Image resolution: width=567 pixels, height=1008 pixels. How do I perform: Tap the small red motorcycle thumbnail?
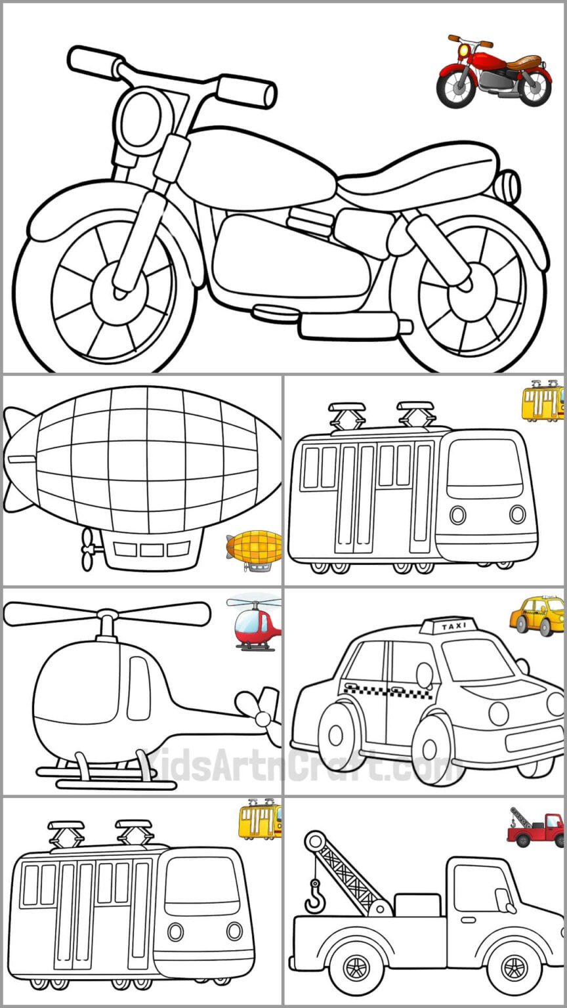pyautogui.click(x=493, y=72)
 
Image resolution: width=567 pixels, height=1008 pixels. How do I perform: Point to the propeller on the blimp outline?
pyautogui.click(x=87, y=550)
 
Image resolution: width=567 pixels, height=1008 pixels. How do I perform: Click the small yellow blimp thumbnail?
pyautogui.click(x=255, y=550)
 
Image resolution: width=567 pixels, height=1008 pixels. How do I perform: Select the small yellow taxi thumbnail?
pyautogui.click(x=537, y=616)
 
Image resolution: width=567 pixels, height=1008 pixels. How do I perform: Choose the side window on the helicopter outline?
pyautogui.click(x=138, y=688)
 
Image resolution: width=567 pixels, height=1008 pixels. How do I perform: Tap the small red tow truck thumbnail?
pyautogui.click(x=536, y=828)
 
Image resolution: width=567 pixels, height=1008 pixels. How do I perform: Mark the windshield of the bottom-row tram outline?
pyautogui.click(x=201, y=885)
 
